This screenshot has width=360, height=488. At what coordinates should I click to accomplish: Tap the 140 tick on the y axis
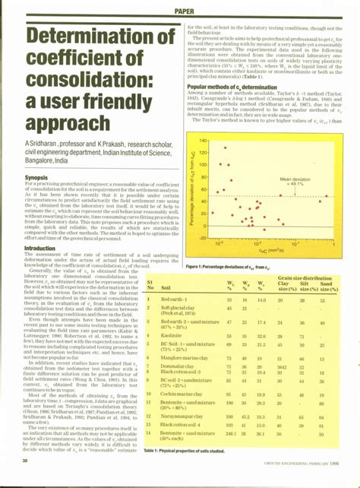203,141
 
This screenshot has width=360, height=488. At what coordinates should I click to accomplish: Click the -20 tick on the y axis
203,237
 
